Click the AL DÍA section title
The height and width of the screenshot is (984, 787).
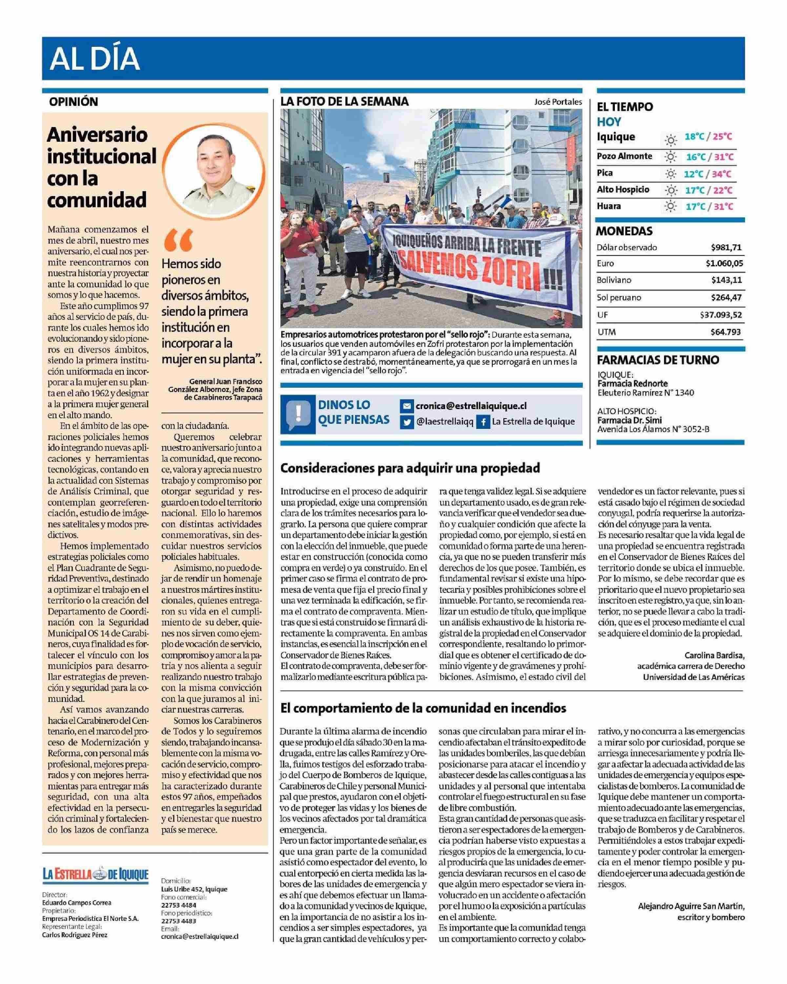pyautogui.click(x=95, y=59)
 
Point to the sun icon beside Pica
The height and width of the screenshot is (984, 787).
pyautogui.click(x=670, y=174)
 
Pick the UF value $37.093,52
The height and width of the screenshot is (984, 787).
pyautogui.click(x=721, y=315)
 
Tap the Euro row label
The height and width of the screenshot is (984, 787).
pyautogui.click(x=605, y=263)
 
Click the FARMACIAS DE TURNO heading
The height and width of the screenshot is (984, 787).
pyautogui.click(x=658, y=359)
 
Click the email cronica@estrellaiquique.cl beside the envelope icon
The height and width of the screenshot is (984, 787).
pyautogui.click(x=471, y=406)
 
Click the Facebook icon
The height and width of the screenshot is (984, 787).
pyautogui.click(x=483, y=422)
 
